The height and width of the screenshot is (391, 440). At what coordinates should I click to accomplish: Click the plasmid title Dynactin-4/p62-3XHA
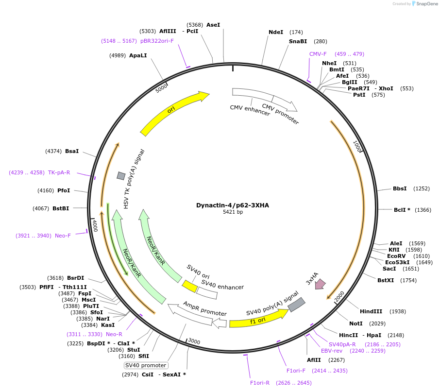click(x=232, y=205)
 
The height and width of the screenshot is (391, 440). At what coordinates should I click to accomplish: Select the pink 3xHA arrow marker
click(x=320, y=284)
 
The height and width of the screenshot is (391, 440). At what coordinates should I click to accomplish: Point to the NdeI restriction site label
click(x=276, y=33)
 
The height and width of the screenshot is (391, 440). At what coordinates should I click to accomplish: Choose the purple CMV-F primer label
click(x=318, y=54)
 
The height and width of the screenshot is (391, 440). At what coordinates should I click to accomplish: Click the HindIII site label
click(x=371, y=311)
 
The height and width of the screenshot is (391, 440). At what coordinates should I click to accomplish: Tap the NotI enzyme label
click(x=356, y=323)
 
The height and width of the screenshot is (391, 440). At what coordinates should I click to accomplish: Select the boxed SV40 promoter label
click(x=146, y=365)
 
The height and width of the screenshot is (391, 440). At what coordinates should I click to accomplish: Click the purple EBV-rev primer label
click(x=332, y=351)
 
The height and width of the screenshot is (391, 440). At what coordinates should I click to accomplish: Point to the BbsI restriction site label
click(x=400, y=188)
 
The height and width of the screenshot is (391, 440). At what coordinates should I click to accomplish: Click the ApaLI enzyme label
click(x=138, y=55)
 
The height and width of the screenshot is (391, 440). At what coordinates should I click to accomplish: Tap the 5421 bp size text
click(x=233, y=212)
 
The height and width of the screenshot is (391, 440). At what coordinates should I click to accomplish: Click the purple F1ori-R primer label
click(x=260, y=383)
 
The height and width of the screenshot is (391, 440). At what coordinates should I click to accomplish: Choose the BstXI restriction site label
click(x=386, y=280)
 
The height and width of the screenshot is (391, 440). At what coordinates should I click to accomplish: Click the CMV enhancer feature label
click(x=250, y=110)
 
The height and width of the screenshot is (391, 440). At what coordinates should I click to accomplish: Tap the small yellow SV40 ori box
click(x=189, y=286)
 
